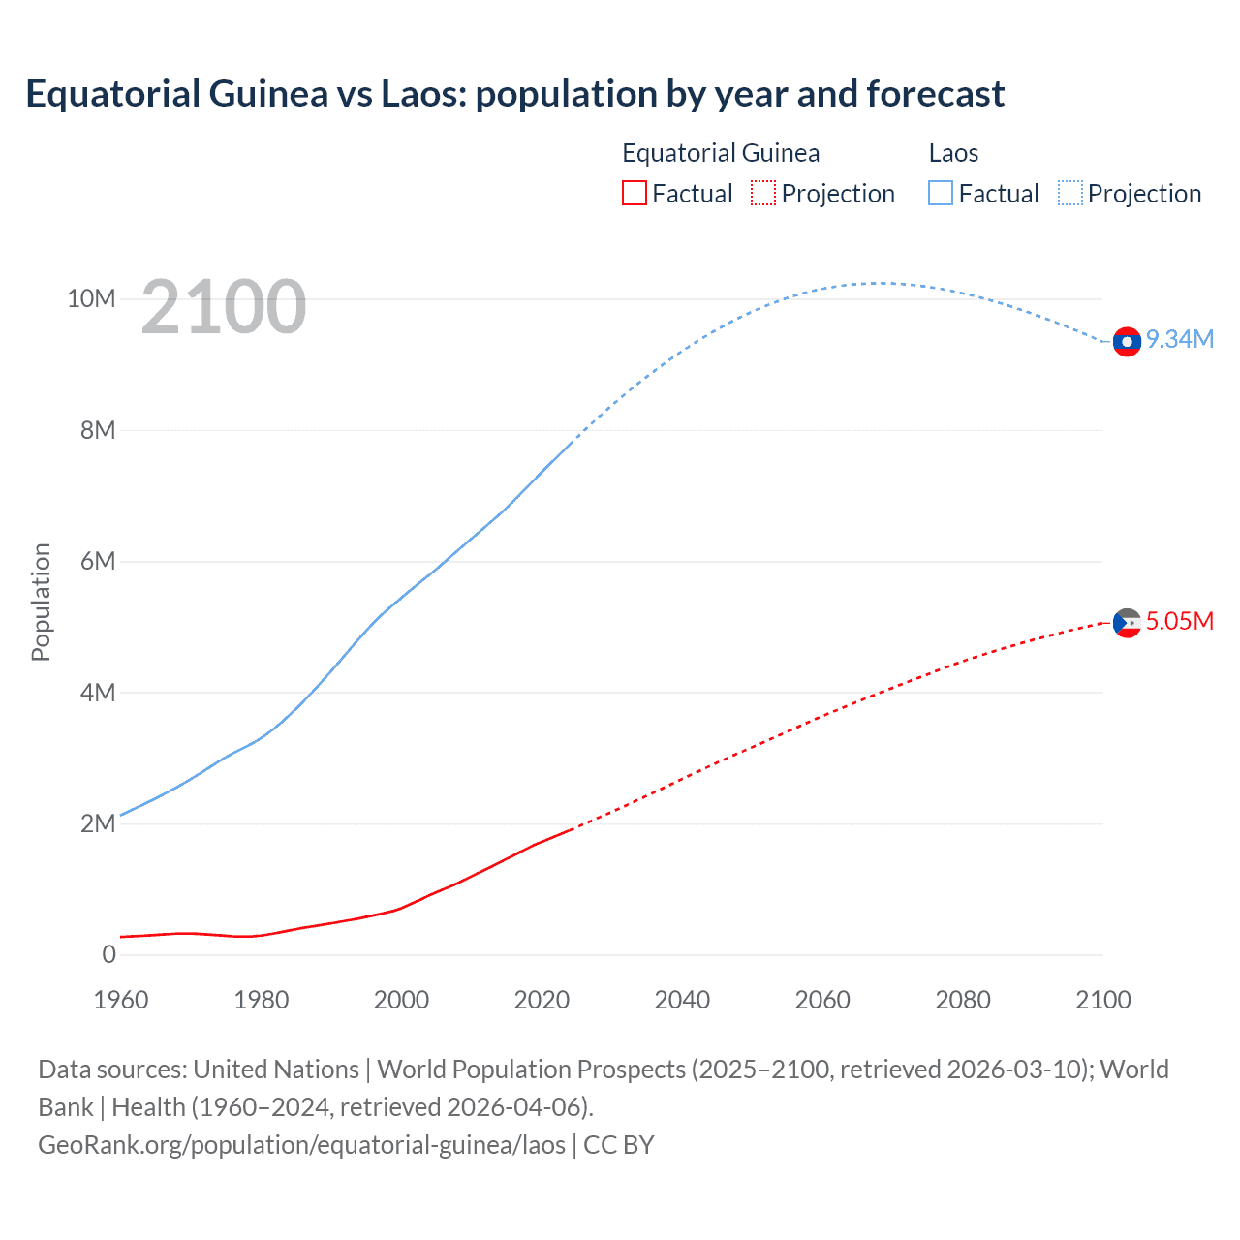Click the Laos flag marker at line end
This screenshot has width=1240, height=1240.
[x=1127, y=342]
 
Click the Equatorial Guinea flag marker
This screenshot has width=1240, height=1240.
[x=1127, y=623]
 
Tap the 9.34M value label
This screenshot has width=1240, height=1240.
[x=1179, y=339]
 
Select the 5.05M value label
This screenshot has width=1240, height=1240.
[x=1179, y=621]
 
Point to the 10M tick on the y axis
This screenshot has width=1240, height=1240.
[x=91, y=298]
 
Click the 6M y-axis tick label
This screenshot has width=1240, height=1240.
[x=98, y=561]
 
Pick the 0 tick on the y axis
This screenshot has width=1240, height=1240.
[x=108, y=954]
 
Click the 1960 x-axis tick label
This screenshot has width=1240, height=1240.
[x=121, y=1000]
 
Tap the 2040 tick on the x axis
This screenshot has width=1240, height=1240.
[x=682, y=1000]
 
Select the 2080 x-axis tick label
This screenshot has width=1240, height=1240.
[x=962, y=1000]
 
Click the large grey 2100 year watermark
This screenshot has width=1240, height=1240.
[x=224, y=307]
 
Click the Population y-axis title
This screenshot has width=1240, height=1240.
[x=41, y=602]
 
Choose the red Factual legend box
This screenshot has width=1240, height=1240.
[x=634, y=194]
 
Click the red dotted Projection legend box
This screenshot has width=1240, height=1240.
[x=763, y=194]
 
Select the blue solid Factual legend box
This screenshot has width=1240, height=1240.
[x=941, y=194]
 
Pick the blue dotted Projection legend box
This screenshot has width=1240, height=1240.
[x=1070, y=194]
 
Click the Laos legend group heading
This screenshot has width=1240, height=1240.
[x=953, y=153]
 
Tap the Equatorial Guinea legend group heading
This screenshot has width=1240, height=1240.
[x=721, y=153]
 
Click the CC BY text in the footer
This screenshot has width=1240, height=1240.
[x=619, y=1145]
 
